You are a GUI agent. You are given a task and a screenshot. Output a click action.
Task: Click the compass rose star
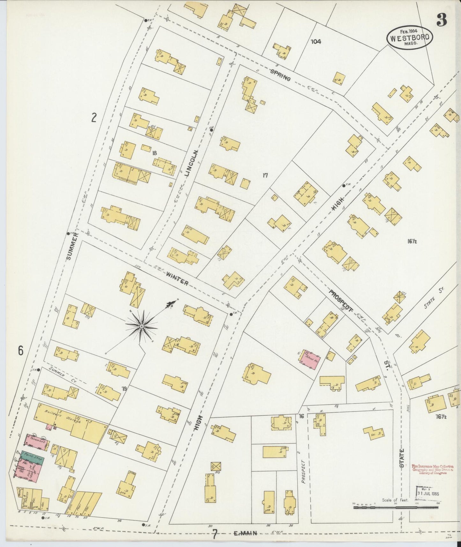[x=141, y=326]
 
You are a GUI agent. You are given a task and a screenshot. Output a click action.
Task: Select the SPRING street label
[x=280, y=75]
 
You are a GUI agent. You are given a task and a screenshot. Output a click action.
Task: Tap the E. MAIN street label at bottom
[x=245, y=533]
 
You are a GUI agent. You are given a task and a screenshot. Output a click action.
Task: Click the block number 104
[x=316, y=41]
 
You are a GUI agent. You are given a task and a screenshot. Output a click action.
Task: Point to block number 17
[x=264, y=175]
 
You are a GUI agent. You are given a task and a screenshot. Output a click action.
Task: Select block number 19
[x=124, y=388]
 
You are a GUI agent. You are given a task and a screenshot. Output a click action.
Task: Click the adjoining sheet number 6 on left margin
[x=21, y=351]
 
